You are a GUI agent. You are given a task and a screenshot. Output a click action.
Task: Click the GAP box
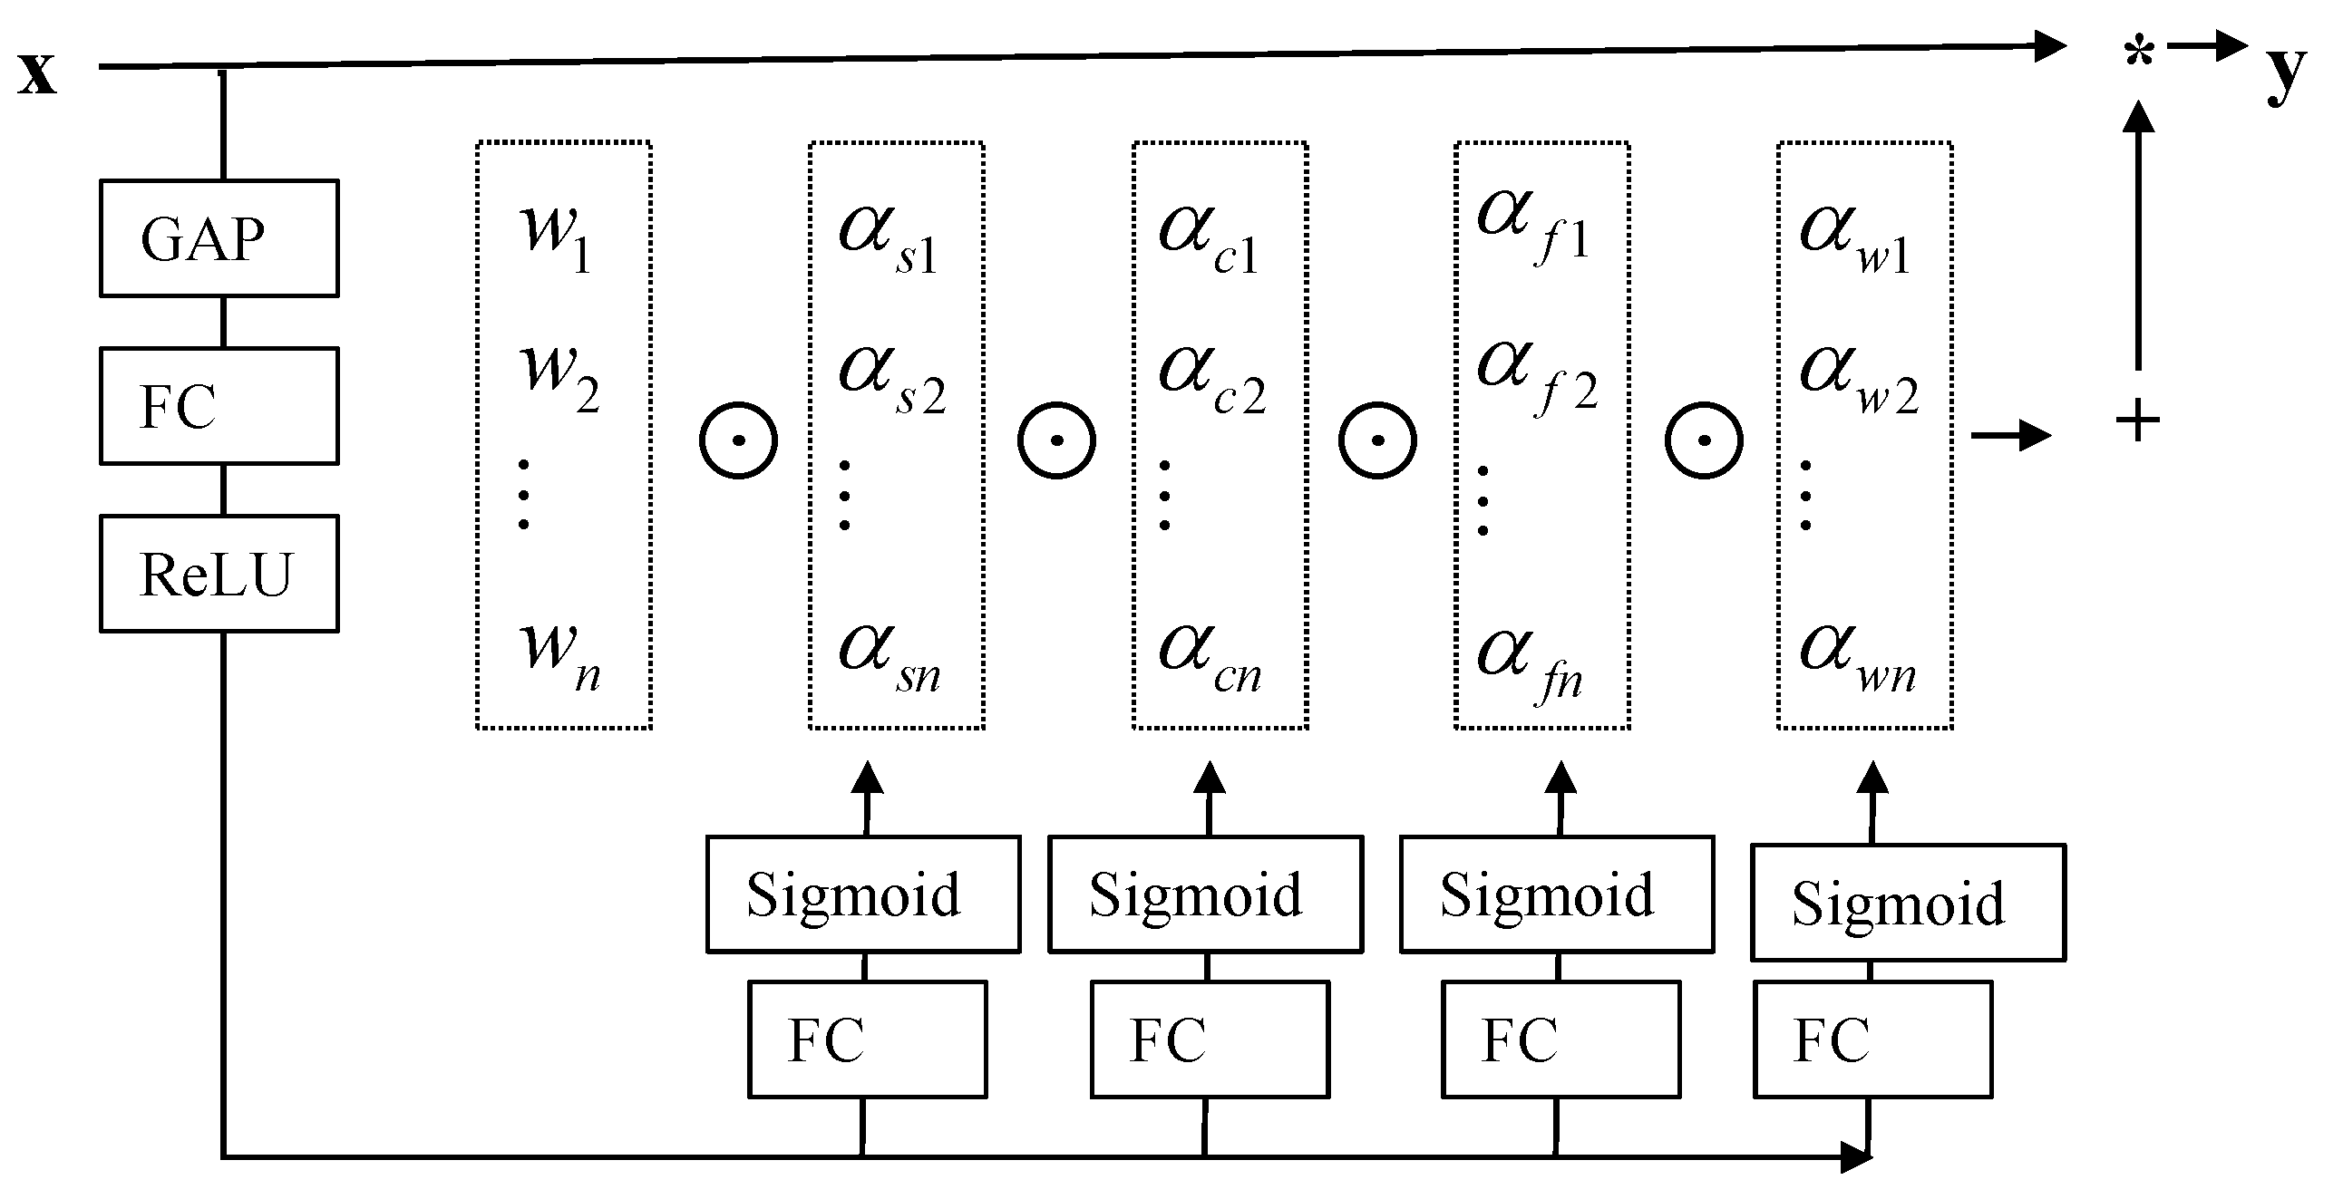pos(219,238)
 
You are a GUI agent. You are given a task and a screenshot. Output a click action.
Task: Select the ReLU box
pos(219,574)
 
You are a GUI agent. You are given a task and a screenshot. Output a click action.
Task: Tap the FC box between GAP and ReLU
pos(219,406)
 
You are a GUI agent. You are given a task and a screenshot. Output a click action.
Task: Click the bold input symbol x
pos(36,73)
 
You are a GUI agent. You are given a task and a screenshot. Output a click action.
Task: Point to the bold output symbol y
pos(2286,73)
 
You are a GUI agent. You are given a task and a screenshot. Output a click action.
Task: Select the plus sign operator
pos(2137,421)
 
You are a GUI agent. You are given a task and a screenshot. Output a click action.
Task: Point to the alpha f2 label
pos(1535,376)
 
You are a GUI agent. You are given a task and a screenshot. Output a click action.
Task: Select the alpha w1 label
pos(1855,237)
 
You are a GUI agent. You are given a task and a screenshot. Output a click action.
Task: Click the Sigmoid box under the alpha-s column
pos(863,894)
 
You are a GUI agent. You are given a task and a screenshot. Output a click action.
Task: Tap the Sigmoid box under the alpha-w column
pos(1909,903)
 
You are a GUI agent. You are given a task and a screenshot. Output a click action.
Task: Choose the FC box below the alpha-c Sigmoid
pos(1210,1039)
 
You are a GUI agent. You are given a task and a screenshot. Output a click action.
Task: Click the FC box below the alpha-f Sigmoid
pos(1560,1039)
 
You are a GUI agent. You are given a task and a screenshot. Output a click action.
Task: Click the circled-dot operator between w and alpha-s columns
pos(738,440)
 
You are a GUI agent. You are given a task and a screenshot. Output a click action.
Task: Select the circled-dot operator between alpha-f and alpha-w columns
pos(1703,440)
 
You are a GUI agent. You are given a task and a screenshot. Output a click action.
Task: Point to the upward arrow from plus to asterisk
pos(2137,237)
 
